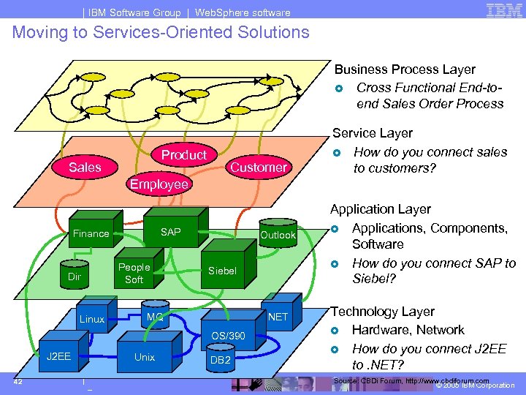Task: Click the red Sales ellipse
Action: tap(85, 168)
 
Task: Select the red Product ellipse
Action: tap(184, 154)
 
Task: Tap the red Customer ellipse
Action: tap(258, 168)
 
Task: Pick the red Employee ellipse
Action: tap(159, 184)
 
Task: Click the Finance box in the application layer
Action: tap(91, 233)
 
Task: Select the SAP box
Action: tap(171, 232)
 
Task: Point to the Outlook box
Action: tap(278, 235)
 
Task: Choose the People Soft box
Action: tap(134, 273)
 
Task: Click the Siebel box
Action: tap(222, 271)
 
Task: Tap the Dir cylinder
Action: tap(75, 276)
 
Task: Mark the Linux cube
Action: tap(92, 319)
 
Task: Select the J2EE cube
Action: tap(58, 357)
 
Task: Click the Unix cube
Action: tap(145, 357)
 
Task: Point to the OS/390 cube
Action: tap(229, 336)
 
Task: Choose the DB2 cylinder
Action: tap(220, 359)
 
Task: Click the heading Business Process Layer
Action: tap(405, 69)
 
